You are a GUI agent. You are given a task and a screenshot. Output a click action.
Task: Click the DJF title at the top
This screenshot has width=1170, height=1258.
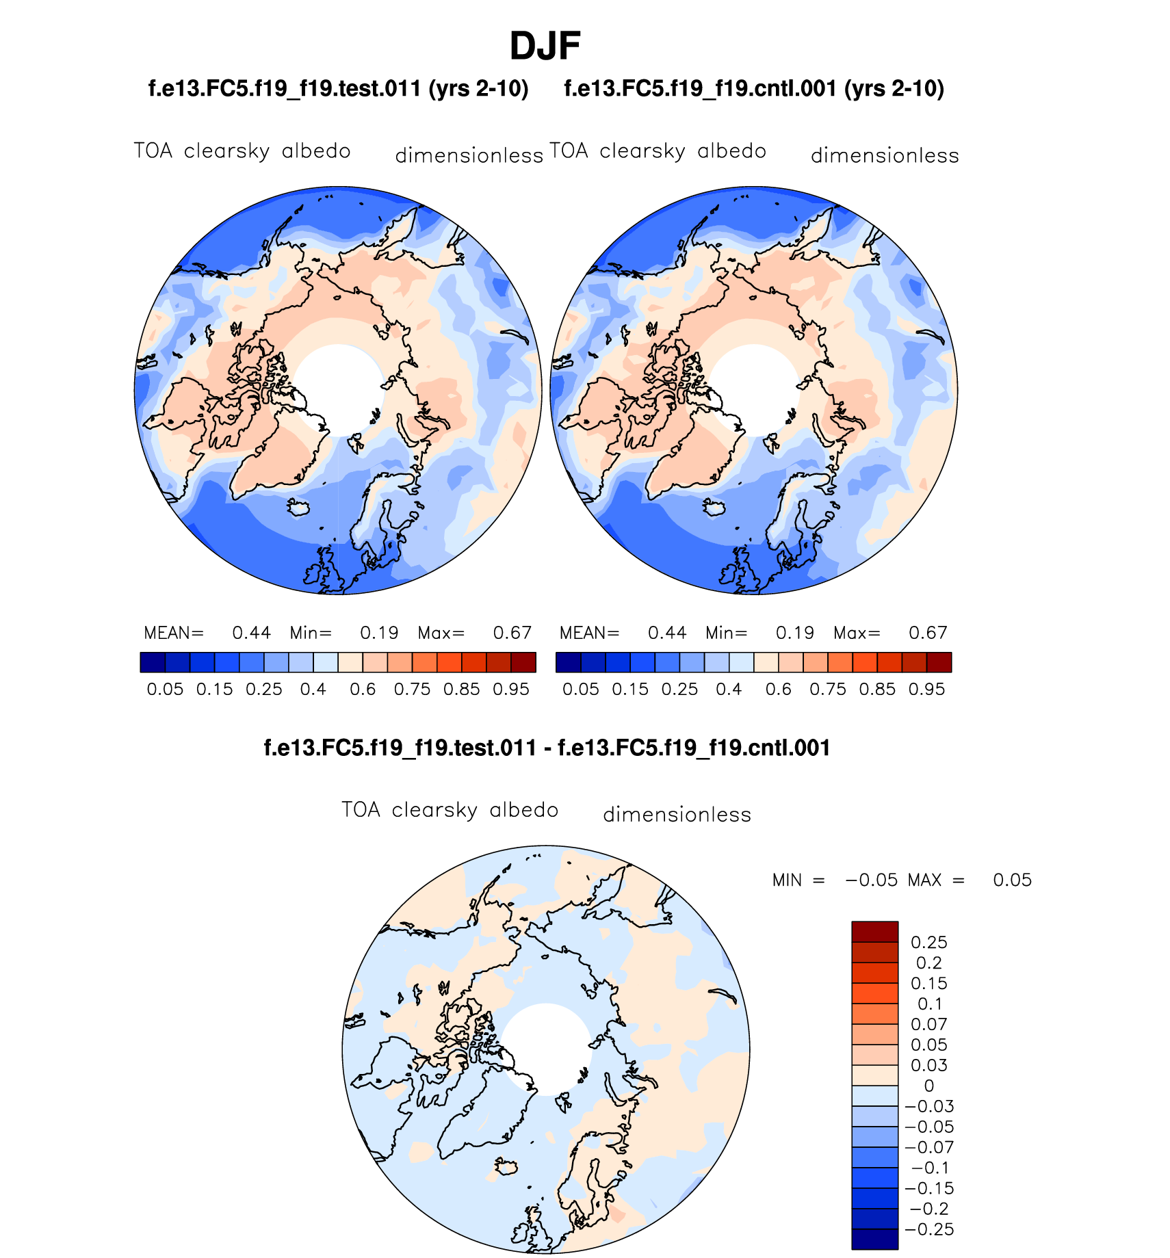point(545,47)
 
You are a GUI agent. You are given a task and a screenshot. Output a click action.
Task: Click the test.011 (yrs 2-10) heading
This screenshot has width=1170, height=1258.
point(338,89)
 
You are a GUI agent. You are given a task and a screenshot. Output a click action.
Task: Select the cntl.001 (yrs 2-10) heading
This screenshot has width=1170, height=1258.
point(753,89)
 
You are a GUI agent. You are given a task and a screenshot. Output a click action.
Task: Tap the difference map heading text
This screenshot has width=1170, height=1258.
point(547,748)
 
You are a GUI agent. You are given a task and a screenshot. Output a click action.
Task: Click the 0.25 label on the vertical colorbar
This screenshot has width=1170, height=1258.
point(928,943)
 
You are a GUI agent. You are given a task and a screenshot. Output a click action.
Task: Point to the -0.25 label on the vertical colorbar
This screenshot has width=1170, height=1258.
point(928,1229)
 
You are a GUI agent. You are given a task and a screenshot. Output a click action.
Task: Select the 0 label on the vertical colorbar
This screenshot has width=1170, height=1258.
point(928,1086)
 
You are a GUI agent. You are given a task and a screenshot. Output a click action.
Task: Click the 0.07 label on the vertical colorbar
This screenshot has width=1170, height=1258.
point(928,1024)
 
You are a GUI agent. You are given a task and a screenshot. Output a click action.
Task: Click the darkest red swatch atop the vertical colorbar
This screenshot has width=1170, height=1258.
point(874,932)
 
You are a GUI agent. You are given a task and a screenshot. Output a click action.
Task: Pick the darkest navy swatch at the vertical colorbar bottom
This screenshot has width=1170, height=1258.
point(874,1239)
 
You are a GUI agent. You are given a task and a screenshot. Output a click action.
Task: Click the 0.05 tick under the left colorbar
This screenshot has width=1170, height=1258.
point(165,690)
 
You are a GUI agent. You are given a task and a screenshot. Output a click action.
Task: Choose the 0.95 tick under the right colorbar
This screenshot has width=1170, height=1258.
point(926,690)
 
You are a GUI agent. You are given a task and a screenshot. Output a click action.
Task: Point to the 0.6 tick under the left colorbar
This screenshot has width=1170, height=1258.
point(363,690)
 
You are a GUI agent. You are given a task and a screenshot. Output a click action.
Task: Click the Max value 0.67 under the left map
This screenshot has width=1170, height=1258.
point(512,633)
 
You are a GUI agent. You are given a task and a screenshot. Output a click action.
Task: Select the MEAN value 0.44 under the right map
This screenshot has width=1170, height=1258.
point(667,633)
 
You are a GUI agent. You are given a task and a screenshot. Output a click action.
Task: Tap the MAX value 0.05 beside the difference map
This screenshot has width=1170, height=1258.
point(1012,880)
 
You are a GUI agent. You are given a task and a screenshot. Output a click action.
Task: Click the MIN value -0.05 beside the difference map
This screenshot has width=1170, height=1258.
point(871,880)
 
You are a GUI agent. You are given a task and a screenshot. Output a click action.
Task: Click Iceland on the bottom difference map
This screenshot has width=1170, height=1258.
point(506,1167)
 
